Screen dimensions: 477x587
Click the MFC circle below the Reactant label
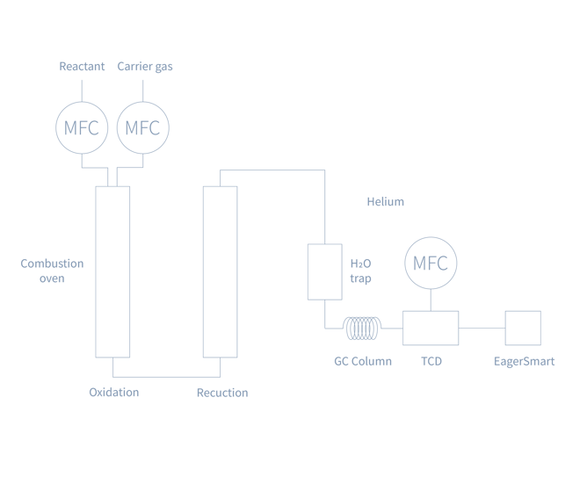point(82,127)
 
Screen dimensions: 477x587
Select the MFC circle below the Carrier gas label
point(142,127)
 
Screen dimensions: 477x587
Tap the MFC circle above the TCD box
point(431,263)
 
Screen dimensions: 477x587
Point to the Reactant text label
point(82,67)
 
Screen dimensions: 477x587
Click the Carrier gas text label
point(145,67)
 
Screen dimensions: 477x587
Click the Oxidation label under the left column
point(113,393)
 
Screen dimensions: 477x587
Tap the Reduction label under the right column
point(222,393)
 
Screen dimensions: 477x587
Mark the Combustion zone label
point(52,271)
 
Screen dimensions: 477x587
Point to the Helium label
point(386,202)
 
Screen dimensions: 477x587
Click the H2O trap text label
point(361,271)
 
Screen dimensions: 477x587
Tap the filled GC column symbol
point(361,328)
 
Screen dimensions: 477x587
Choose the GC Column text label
point(362,361)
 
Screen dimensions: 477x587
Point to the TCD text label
point(431,361)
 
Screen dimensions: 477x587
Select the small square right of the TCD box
point(523,328)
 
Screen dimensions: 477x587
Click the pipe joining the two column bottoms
point(166,376)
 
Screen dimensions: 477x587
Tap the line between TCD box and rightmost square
point(482,328)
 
